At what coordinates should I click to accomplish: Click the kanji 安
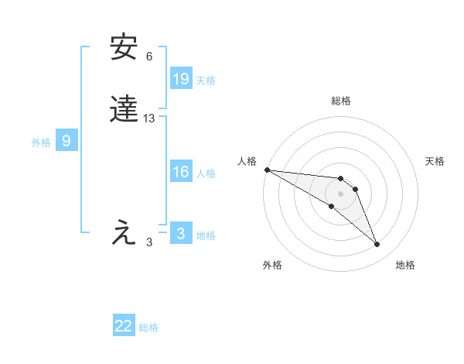click(125, 48)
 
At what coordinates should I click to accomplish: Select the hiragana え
click(125, 233)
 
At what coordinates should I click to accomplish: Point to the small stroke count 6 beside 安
click(149, 57)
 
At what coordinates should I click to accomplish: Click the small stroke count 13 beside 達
click(149, 118)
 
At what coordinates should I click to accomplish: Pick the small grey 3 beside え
click(149, 242)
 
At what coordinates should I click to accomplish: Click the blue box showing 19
click(181, 79)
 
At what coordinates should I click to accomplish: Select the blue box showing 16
click(181, 172)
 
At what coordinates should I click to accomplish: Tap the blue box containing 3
click(181, 234)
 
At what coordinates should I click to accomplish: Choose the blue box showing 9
click(67, 141)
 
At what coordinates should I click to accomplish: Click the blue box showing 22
click(124, 326)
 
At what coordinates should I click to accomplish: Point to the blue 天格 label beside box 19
click(206, 81)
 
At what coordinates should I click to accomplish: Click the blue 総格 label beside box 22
click(148, 328)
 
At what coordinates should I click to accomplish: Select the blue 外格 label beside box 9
click(41, 143)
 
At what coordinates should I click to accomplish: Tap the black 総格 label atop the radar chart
click(340, 101)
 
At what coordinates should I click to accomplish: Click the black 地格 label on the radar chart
click(405, 266)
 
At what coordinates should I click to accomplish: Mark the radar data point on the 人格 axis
click(267, 170)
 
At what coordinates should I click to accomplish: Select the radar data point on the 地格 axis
click(377, 245)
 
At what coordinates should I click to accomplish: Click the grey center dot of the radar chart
click(340, 194)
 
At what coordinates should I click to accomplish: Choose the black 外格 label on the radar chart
click(272, 266)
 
